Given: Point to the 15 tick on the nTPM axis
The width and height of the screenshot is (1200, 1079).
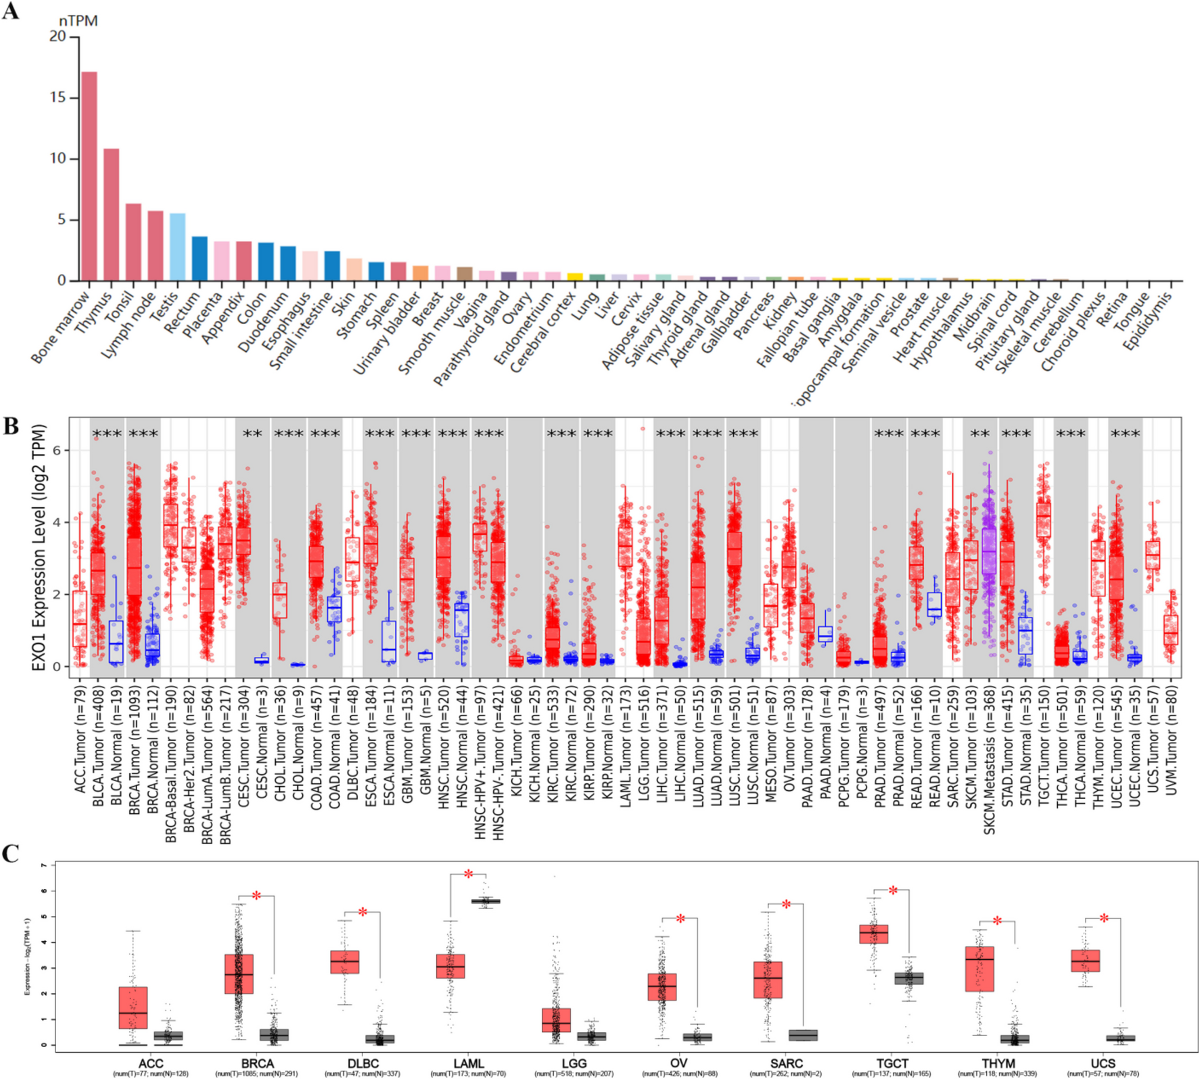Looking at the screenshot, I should coord(58,98).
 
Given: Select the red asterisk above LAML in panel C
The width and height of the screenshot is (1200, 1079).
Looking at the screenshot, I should coord(469,874).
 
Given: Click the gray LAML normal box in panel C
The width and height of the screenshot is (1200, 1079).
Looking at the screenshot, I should coord(486,901).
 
